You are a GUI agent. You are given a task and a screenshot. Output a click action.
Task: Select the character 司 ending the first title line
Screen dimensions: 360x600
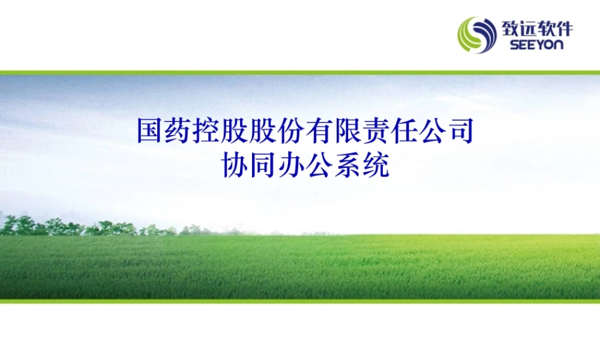point(460,131)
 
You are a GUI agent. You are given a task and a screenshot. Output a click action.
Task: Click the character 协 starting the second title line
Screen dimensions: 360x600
point(234,164)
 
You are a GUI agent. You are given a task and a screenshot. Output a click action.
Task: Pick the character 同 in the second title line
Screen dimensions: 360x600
point(262,164)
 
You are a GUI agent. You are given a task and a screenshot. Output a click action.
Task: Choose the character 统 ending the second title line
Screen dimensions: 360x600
point(375,164)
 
